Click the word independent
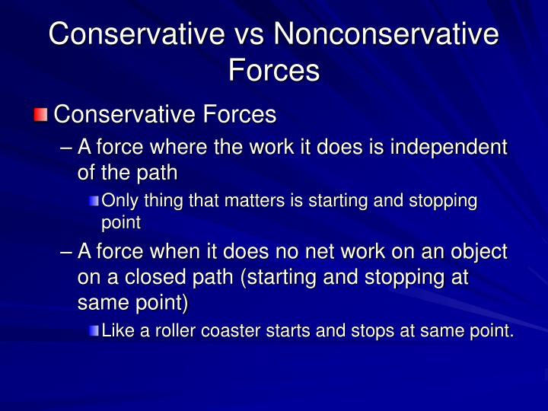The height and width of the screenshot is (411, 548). coord(448,147)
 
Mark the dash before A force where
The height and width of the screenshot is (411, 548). coord(66,148)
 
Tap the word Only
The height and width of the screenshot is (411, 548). coord(117,201)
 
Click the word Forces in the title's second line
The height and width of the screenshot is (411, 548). coord(273,70)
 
